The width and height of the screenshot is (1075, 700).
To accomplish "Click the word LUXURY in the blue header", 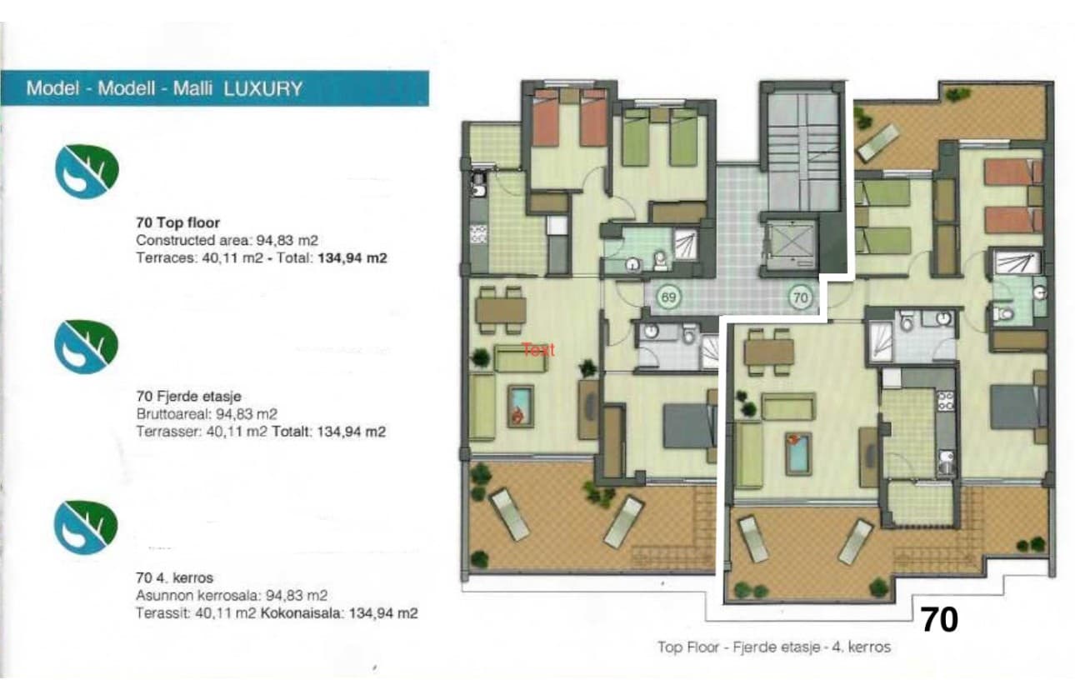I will point(263,88).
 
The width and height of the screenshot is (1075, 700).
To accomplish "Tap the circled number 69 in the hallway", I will point(667,296).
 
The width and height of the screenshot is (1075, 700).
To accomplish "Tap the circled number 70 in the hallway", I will point(801,296).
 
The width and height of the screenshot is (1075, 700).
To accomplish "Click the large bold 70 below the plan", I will point(939,620).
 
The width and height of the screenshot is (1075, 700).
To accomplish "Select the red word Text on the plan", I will point(537,351).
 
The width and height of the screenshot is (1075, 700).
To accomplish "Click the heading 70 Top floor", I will point(177,223).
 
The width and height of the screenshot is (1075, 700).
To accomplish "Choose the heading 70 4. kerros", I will point(173,577).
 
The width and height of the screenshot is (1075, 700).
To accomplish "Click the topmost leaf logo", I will point(87,170).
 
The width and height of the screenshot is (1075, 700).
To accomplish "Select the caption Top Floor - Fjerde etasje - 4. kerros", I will point(774,647).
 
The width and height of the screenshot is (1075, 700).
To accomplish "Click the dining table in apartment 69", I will point(501,309).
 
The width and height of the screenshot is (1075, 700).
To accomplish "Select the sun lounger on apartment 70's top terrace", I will point(879,142).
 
